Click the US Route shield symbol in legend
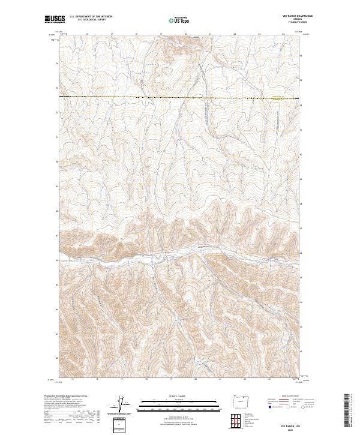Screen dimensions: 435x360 [x=288, y=407]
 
